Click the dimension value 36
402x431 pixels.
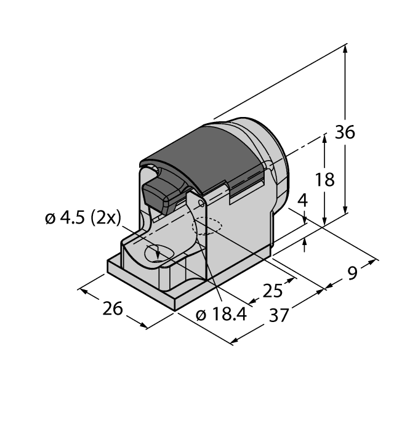[345, 133]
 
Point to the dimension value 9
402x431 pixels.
[351, 272]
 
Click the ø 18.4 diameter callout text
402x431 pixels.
[220, 314]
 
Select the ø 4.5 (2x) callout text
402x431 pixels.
[83, 218]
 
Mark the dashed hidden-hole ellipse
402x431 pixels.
[208, 228]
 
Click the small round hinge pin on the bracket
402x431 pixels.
[201, 202]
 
